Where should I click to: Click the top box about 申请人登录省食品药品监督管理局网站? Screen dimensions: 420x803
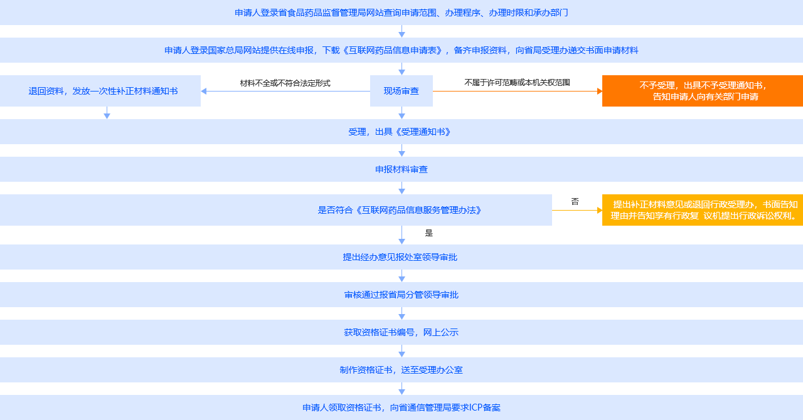(401, 13)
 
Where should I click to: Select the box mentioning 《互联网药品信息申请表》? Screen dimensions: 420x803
(401, 50)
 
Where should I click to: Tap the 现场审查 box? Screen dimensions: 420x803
(401, 91)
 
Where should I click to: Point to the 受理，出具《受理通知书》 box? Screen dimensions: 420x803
(401, 132)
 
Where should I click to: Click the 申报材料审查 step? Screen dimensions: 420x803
(401, 169)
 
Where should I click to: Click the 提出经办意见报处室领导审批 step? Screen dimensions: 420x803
(401, 257)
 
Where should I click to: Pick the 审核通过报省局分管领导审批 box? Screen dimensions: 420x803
(401, 295)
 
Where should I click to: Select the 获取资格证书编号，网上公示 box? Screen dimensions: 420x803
(401, 332)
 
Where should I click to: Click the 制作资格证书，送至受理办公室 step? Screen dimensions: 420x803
(401, 370)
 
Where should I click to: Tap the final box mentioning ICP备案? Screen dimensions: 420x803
(401, 407)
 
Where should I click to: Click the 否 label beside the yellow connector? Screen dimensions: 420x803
(575, 202)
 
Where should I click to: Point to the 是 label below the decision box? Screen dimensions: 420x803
(429, 233)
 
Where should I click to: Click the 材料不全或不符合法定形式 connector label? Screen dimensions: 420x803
(285, 83)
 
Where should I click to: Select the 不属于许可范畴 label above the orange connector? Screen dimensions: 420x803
(517, 83)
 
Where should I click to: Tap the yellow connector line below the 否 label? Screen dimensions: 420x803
(577, 211)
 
